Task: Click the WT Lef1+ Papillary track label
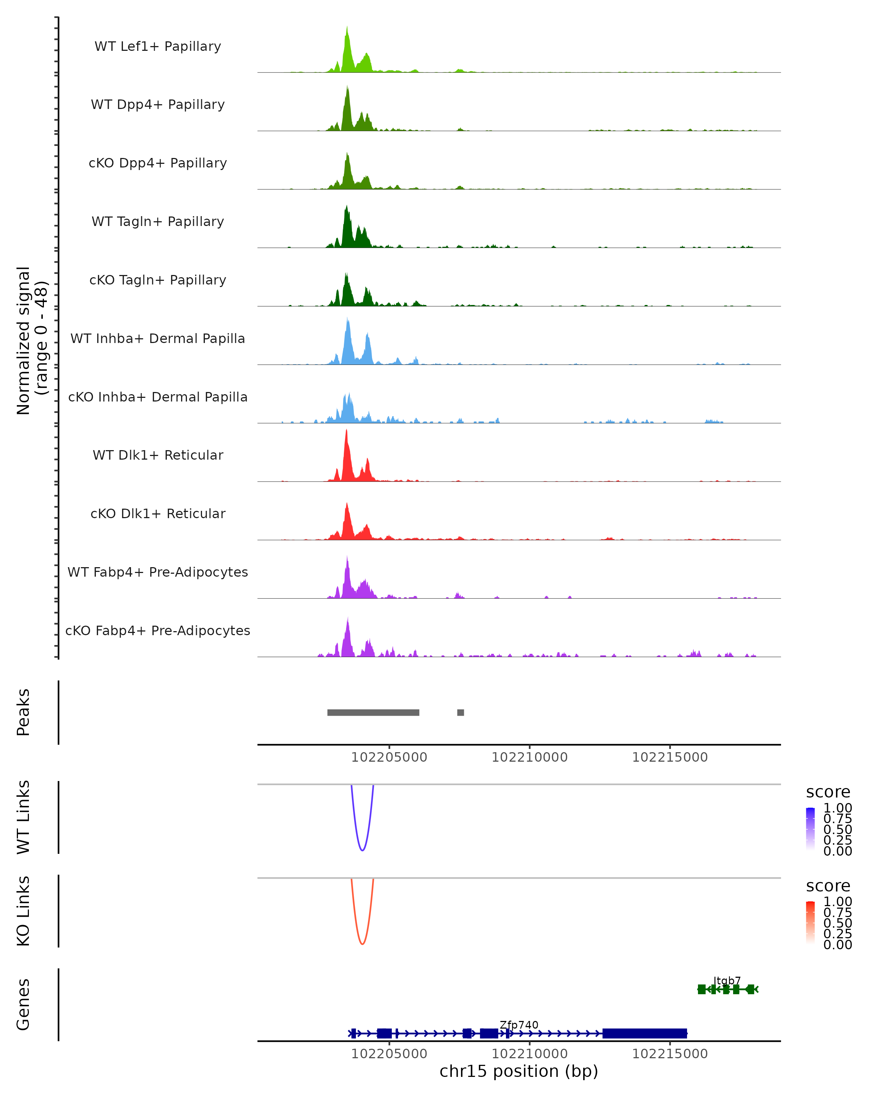click(x=158, y=46)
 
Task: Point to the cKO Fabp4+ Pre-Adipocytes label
click(x=158, y=630)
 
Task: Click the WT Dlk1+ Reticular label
click(x=158, y=455)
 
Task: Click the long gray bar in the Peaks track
click(x=373, y=712)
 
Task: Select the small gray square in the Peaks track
click(x=461, y=712)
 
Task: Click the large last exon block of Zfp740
click(x=644, y=1033)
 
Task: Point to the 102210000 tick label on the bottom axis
click(x=529, y=1054)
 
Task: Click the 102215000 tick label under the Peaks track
click(x=670, y=757)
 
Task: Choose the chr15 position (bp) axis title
click(x=519, y=1071)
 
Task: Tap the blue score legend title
click(x=828, y=792)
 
